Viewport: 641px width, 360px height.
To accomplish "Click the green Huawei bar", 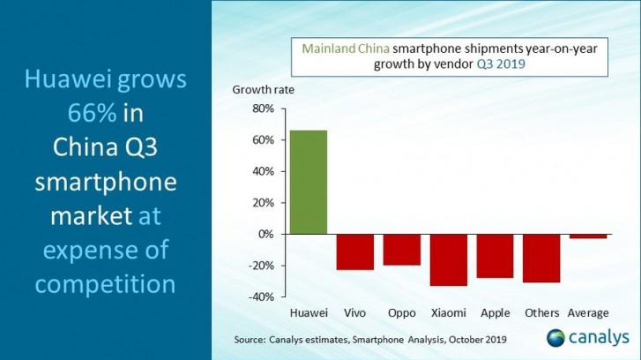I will (x=308, y=182).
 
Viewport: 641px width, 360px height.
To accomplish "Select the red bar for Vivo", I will (x=354, y=251).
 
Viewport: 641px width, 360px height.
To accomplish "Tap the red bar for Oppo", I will (x=401, y=250).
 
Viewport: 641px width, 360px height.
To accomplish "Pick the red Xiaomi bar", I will (x=447, y=259).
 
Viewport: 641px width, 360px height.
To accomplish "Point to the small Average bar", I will (x=587, y=236).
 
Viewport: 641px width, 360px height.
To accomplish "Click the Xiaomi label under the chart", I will (x=447, y=313).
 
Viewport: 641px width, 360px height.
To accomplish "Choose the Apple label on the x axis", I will (x=495, y=313).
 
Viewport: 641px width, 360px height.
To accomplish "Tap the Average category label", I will (x=588, y=313).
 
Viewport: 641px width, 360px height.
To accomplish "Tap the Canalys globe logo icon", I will (x=555, y=339).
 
